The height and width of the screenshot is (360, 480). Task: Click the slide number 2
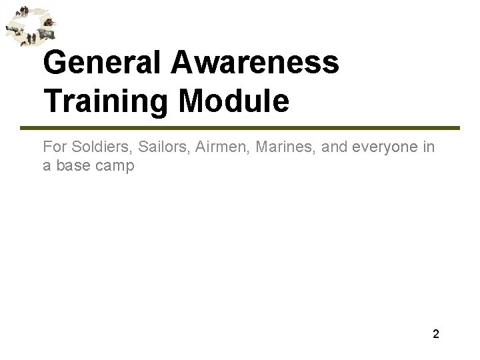pos(436,335)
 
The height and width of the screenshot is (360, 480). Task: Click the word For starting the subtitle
pos(53,147)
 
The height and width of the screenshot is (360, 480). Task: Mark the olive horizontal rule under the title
pos(250,127)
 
